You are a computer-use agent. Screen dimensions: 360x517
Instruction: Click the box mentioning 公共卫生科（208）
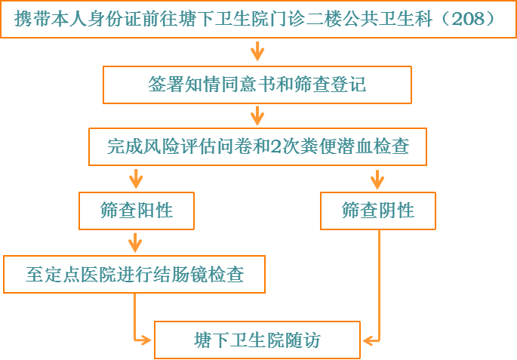tap(257, 19)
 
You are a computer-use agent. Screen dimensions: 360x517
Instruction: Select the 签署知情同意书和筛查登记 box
tap(257, 85)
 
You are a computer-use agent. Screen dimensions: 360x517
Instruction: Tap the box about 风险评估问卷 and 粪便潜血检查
tap(257, 146)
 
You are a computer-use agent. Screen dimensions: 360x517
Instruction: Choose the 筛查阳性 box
tap(137, 211)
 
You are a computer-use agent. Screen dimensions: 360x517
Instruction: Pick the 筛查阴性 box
tap(378, 211)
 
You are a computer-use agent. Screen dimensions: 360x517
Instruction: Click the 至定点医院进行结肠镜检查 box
tap(135, 274)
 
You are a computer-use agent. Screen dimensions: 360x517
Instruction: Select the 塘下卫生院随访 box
tap(257, 340)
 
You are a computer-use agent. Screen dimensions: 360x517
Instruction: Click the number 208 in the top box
tap(467, 19)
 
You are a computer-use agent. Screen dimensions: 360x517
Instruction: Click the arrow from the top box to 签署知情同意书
tap(257, 51)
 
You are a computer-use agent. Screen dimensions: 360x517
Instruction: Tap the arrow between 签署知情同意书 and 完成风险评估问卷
tap(257, 115)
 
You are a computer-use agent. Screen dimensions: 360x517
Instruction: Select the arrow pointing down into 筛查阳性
tap(136, 179)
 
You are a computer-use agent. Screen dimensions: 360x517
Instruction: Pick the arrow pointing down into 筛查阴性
tap(378, 179)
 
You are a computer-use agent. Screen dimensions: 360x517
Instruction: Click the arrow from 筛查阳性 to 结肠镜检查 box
tap(136, 242)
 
